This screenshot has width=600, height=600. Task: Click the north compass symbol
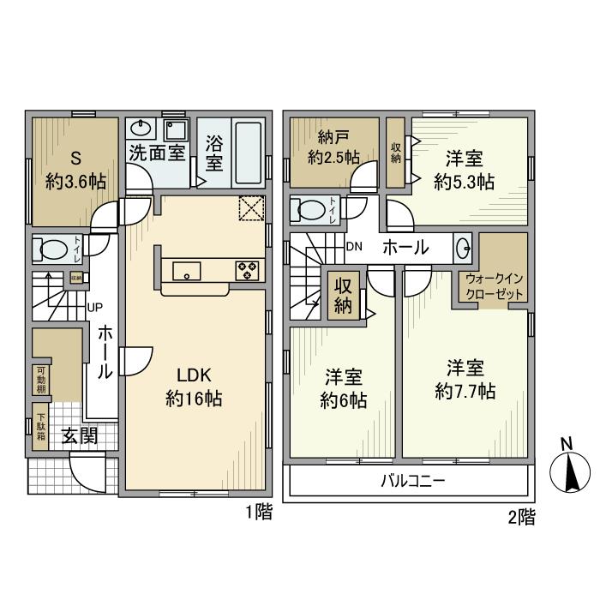point(570,471)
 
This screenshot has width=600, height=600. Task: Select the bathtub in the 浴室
point(249,153)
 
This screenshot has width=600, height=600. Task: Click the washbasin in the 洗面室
point(141,129)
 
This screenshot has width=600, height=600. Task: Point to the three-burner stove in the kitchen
point(247,271)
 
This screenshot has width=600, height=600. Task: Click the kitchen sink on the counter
point(187,271)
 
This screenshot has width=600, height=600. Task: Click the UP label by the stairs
point(95,307)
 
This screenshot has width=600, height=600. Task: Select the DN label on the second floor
point(354,247)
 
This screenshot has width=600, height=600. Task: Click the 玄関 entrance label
point(80,435)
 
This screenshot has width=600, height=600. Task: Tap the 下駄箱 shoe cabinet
point(40,426)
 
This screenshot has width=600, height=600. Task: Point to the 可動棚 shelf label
point(41,380)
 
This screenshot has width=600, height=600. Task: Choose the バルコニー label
point(413,481)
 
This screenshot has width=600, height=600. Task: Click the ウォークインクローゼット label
point(494,286)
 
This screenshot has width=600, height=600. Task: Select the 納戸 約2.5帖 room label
point(333,147)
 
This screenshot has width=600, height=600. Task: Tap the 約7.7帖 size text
point(465,392)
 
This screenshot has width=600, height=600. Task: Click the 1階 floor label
point(259,512)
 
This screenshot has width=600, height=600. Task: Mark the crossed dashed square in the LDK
point(251,208)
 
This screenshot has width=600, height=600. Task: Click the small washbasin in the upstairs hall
point(463,249)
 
